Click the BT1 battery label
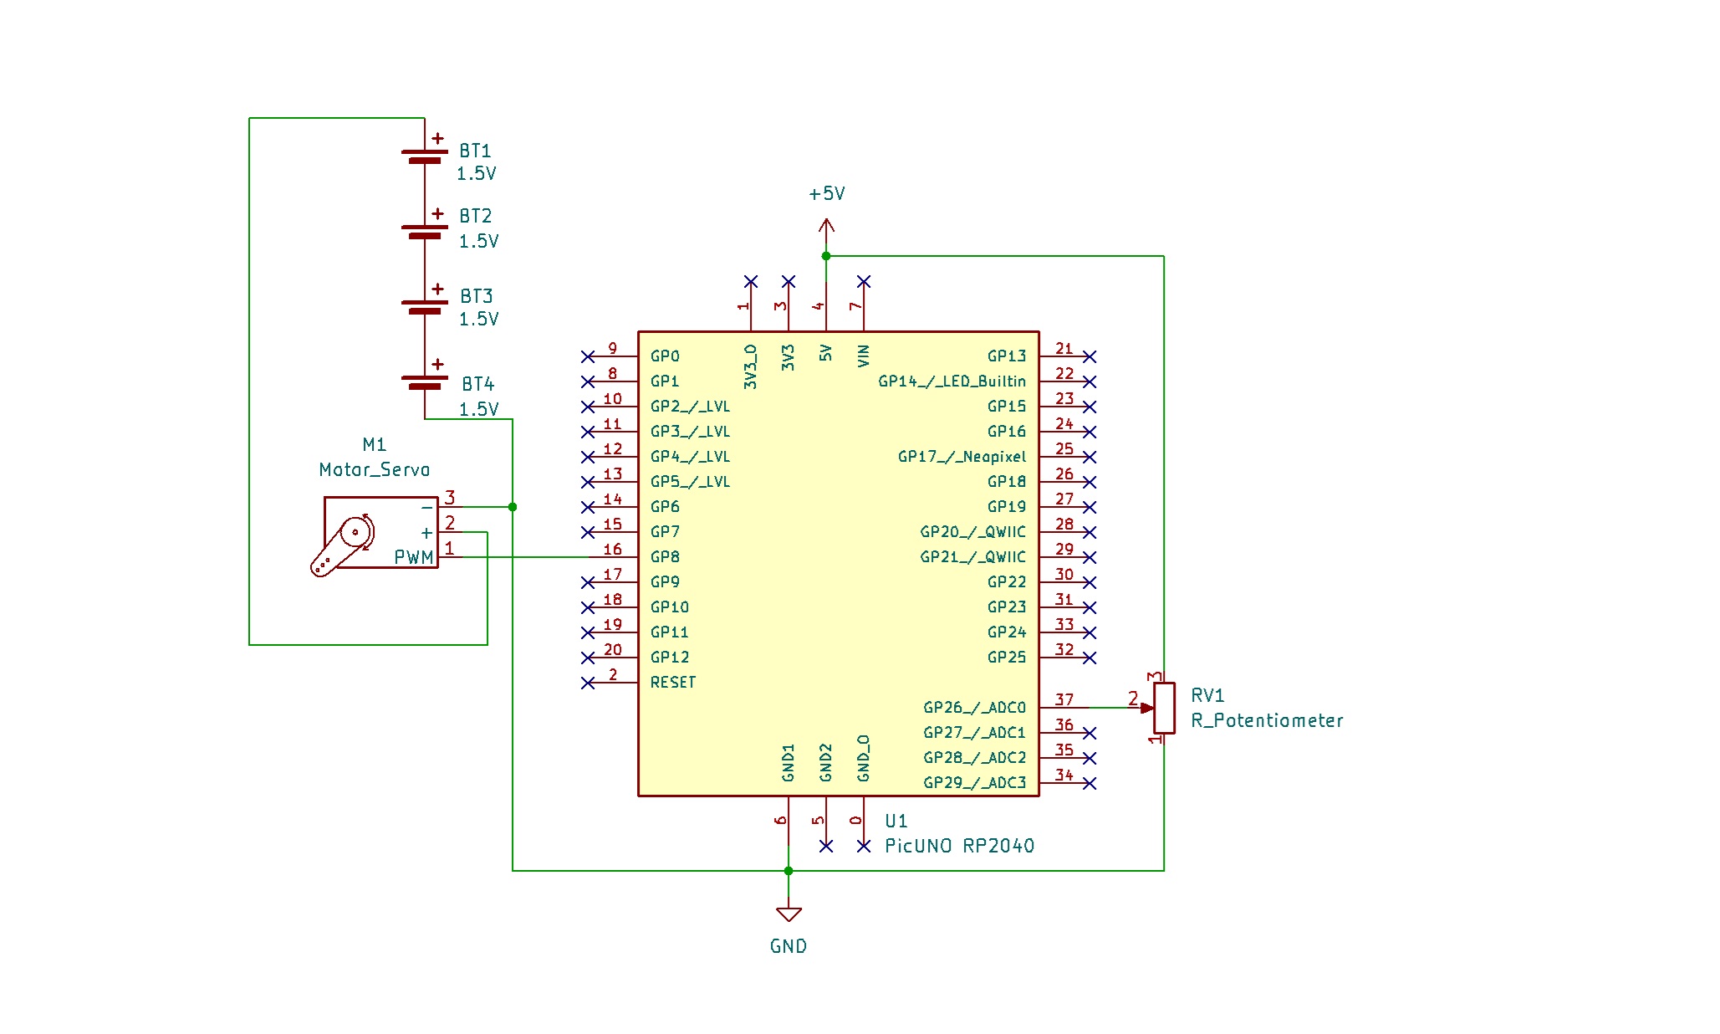(x=475, y=151)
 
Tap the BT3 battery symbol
(x=425, y=306)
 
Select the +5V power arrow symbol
(x=826, y=226)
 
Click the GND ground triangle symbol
(x=789, y=914)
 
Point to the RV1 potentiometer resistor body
(x=1164, y=708)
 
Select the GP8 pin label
(x=665, y=556)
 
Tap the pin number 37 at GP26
(x=1064, y=699)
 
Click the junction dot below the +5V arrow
(x=826, y=256)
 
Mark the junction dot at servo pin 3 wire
(x=513, y=507)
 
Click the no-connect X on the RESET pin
(x=588, y=683)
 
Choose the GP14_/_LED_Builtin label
(x=952, y=381)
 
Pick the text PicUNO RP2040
(x=959, y=846)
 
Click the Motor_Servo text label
(x=374, y=469)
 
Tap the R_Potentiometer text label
(x=1267, y=720)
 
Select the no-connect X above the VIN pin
(x=864, y=281)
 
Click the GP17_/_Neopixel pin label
(x=962, y=457)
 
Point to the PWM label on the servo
(x=414, y=557)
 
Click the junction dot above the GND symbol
(x=789, y=871)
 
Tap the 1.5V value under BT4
(x=478, y=409)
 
